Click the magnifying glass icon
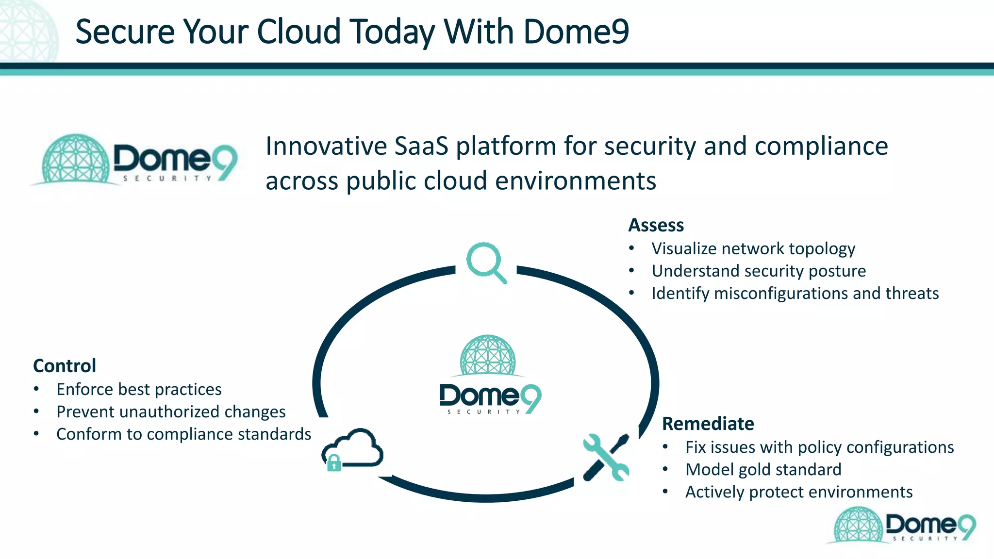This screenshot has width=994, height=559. pos(486,262)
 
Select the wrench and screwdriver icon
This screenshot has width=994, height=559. pos(606,458)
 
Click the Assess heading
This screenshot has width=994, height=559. pos(656,225)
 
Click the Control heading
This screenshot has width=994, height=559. pos(65,366)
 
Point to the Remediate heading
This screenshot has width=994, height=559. pos(708,424)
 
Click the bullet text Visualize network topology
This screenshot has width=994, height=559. pos(753,248)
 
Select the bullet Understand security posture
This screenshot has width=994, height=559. pos(758,271)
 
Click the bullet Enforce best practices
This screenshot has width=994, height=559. pos(139,389)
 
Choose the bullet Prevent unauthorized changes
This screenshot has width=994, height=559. pos(171,411)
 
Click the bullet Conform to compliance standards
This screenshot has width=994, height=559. pos(183,434)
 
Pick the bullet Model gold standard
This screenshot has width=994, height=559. pos(763,469)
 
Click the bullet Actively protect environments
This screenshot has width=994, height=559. pos(798,492)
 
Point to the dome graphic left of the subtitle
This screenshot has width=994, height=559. pos(75,159)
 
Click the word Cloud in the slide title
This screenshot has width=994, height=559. pos(298,32)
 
